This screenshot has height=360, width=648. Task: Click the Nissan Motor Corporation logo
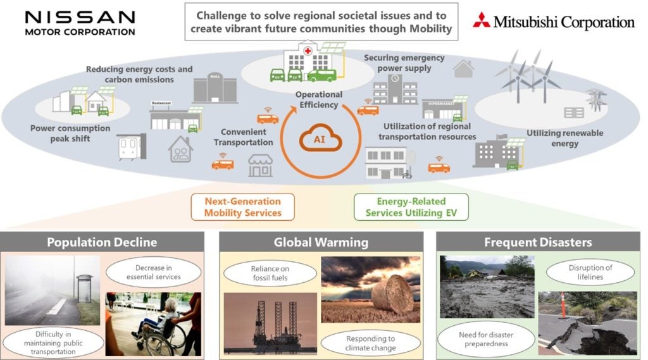80,23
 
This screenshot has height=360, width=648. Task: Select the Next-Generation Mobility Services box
242,207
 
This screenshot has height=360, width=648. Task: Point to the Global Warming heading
321,242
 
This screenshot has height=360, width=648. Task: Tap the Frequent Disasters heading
537,242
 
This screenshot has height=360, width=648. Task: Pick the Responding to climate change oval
371,344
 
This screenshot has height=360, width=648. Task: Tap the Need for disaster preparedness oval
482,338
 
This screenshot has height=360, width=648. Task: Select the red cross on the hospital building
309,49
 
